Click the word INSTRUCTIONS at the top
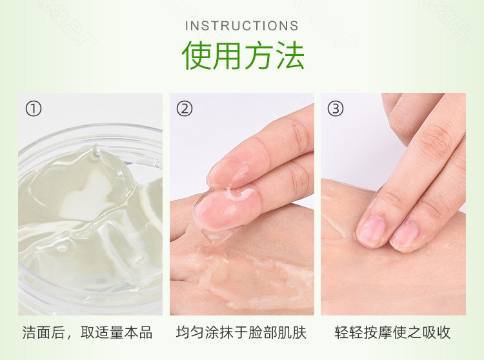pos(242,26)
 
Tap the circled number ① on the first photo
pos(33,108)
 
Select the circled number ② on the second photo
pos(185,108)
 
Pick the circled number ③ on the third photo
pos(336,108)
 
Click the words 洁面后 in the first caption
pos(43,333)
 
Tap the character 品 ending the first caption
pos(145,333)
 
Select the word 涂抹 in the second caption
pos(219,333)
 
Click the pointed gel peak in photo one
pos(96,150)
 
